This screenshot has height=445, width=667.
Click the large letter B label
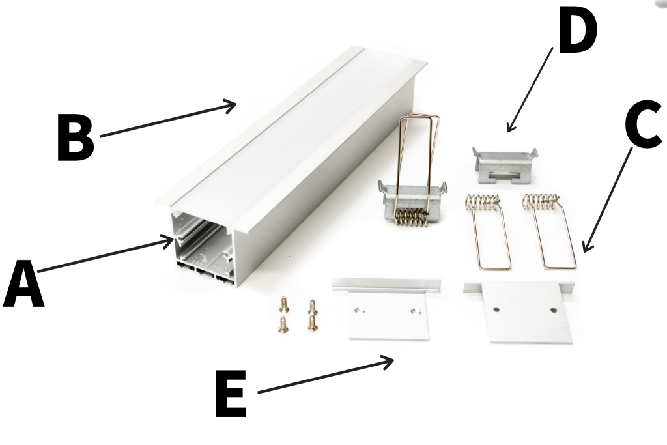[x=74, y=137]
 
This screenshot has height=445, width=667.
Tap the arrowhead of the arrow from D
[x=509, y=130]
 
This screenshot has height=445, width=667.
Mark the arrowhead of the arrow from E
[x=393, y=359]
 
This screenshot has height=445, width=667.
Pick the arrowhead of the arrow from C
[x=584, y=250]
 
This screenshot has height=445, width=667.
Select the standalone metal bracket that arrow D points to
[x=504, y=164]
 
